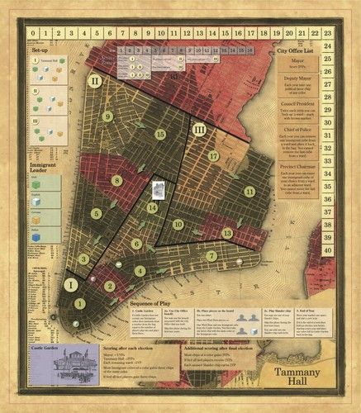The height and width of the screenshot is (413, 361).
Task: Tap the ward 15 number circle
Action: coord(160,135)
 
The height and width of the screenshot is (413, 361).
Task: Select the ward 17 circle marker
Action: coord(213,155)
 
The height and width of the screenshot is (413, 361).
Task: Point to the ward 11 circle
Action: coord(249,192)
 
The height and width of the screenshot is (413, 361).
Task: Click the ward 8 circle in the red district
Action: coord(118,181)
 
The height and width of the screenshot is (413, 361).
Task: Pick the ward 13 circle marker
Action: coord(227,234)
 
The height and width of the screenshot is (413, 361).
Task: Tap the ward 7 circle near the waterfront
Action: coord(211,256)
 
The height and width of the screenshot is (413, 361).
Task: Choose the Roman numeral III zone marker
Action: coord(198,130)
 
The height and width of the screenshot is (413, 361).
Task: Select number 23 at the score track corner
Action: coord(328,34)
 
